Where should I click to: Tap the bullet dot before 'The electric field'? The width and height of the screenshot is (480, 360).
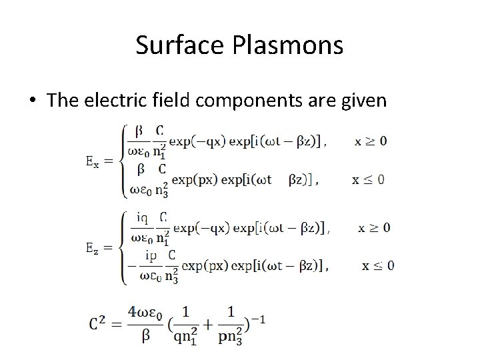coord(32,101)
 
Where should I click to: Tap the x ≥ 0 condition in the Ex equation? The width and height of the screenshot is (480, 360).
coord(370,141)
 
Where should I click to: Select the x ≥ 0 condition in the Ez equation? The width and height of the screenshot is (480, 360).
coord(374,228)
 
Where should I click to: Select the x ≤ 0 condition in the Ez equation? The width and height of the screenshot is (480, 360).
coord(377,265)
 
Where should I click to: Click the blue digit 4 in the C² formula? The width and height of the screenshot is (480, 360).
coord(133,312)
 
